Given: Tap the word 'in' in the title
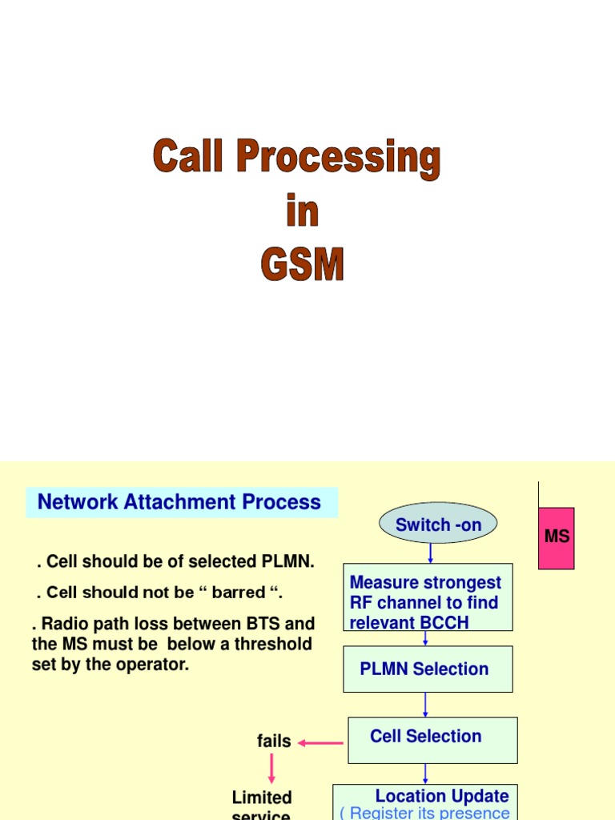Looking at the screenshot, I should [302, 211].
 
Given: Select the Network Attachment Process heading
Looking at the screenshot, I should [180, 503].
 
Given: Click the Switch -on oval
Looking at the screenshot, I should [438, 525].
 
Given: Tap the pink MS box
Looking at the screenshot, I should [557, 537].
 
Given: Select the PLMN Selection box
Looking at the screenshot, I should [428, 669].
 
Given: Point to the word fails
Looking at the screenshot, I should [274, 742].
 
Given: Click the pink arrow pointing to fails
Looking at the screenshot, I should [320, 743].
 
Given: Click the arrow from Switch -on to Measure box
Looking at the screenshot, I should [431, 553].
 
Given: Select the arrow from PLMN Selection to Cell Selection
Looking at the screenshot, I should [425, 705].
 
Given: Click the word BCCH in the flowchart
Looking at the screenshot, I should [442, 623].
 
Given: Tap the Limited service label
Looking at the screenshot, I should [262, 805].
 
